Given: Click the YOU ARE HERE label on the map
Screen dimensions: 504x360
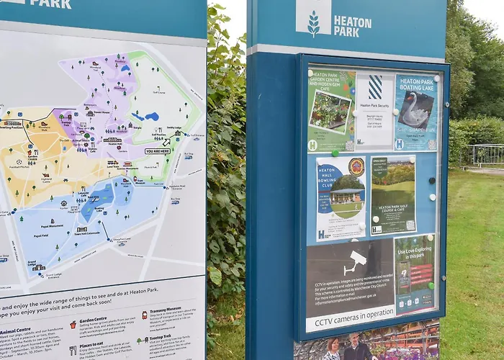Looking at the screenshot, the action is tap(158, 151).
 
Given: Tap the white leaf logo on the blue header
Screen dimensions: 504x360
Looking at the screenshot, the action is tap(313, 24).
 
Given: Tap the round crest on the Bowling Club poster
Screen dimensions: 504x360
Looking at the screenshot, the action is tap(356, 167).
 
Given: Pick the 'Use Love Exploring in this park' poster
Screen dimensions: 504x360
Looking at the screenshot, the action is tap(415, 274).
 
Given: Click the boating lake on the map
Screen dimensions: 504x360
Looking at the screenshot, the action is tap(98, 202).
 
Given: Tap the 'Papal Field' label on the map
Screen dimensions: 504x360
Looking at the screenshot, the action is tap(41, 235).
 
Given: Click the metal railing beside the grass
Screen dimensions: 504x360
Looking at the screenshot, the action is tap(487, 155).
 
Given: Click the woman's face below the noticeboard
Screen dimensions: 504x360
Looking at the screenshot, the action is tap(333, 346).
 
